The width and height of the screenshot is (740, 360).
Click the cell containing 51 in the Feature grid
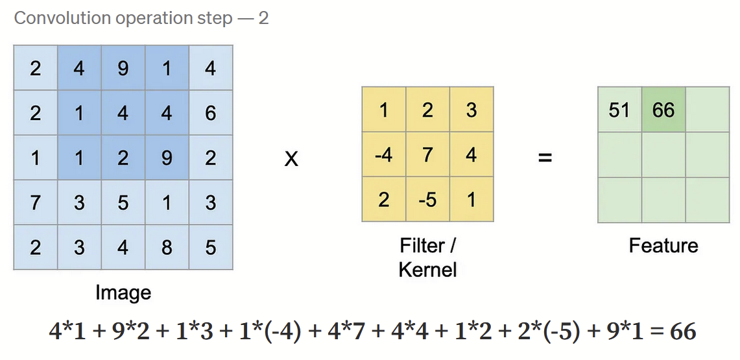[x=619, y=110]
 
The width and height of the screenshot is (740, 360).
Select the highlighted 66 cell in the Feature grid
[x=663, y=110]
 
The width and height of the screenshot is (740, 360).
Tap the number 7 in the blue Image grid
[x=35, y=202]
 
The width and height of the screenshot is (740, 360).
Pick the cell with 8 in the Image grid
[x=167, y=247]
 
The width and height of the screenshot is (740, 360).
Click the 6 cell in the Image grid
[x=210, y=113]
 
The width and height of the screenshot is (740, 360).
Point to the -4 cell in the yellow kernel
[x=384, y=155]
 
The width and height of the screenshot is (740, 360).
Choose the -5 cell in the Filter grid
[x=427, y=199]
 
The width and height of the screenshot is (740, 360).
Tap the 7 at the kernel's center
[x=427, y=155]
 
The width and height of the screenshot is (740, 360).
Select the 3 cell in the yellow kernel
[x=471, y=110]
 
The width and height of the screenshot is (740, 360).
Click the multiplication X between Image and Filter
[x=292, y=158]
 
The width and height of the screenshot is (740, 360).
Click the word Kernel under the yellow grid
[x=427, y=269]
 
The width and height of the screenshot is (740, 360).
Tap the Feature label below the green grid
[x=663, y=246]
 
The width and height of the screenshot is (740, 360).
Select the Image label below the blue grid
[x=123, y=293]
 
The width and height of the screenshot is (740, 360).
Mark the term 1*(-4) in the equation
[x=272, y=332]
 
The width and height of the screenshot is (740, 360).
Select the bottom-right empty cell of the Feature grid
[x=708, y=199]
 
